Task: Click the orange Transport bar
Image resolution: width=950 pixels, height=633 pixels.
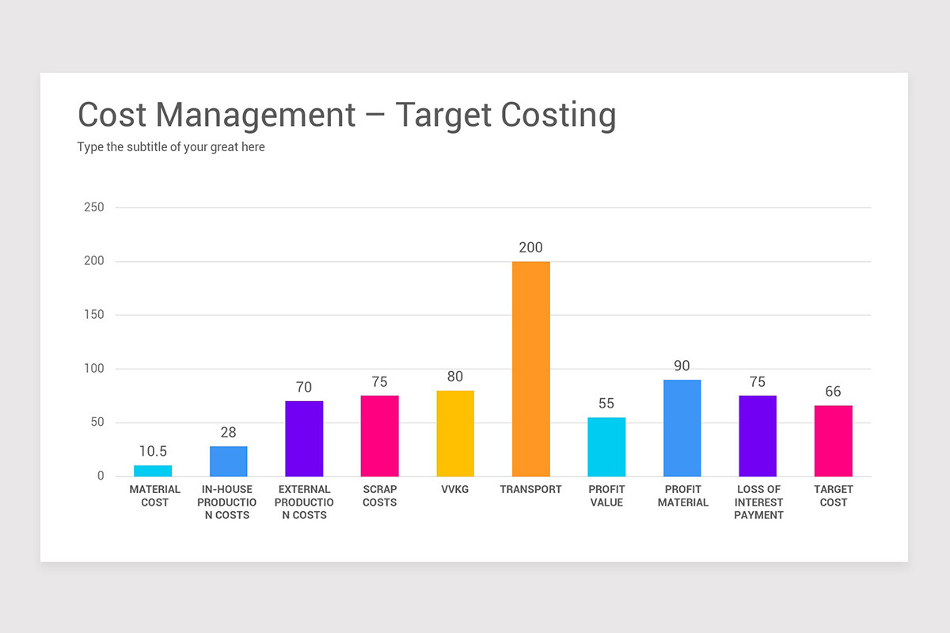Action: pyautogui.click(x=530, y=369)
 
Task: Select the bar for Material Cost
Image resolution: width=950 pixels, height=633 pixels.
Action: pyautogui.click(x=153, y=471)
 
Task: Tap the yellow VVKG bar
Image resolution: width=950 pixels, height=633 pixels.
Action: pyautogui.click(x=455, y=434)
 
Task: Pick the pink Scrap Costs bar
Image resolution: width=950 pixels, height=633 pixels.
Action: pyautogui.click(x=379, y=436)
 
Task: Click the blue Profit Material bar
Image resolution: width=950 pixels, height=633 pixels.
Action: pyautogui.click(x=682, y=428)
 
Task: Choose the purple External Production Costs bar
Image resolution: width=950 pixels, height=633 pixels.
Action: pyautogui.click(x=304, y=438)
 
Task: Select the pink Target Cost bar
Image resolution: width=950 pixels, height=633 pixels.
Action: pyautogui.click(x=833, y=441)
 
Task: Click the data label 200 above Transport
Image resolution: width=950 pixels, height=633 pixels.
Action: pyautogui.click(x=530, y=248)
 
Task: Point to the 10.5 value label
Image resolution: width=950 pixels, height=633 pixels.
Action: pyautogui.click(x=153, y=452)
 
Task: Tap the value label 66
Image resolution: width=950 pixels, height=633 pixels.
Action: pyautogui.click(x=833, y=392)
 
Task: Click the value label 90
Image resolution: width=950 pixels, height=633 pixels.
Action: pyautogui.click(x=682, y=366)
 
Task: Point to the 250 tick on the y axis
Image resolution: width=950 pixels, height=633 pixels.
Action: pyautogui.click(x=94, y=207)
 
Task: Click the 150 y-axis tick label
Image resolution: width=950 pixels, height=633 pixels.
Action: pyautogui.click(x=94, y=315)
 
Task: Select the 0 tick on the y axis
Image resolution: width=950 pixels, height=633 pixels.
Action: pyautogui.click(x=101, y=476)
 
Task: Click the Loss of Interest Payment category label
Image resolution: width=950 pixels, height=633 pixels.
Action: pyautogui.click(x=758, y=502)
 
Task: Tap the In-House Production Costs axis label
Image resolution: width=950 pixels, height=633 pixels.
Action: pyautogui.click(x=227, y=502)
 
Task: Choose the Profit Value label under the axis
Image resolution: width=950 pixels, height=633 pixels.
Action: pyautogui.click(x=606, y=495)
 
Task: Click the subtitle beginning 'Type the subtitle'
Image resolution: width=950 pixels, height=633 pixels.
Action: pyautogui.click(x=171, y=147)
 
